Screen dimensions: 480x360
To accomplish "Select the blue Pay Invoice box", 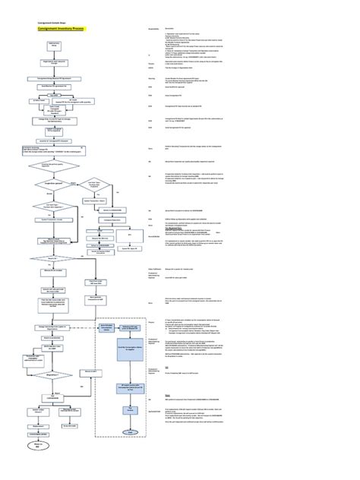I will [x=131, y=409].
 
